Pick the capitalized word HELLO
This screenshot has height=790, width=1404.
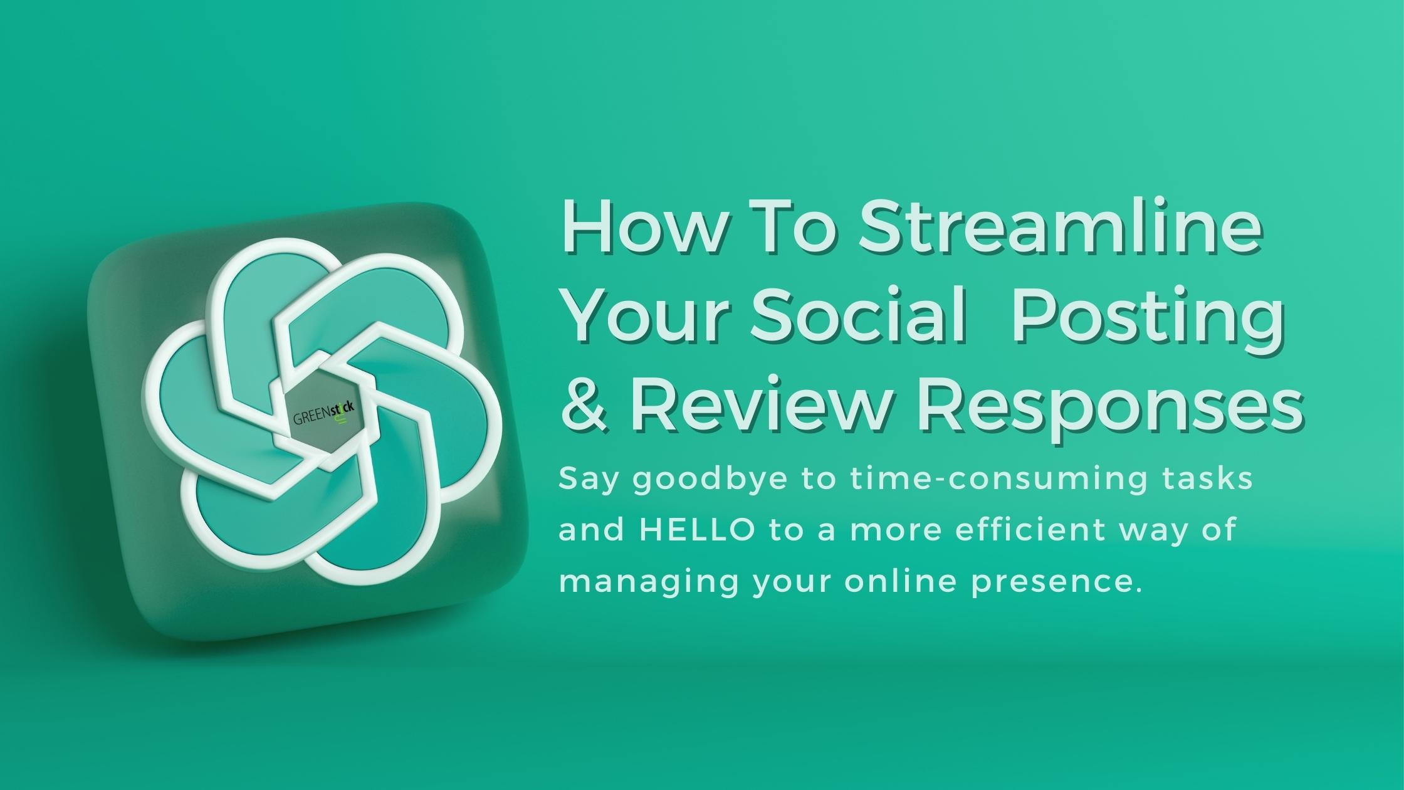click(697, 529)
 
